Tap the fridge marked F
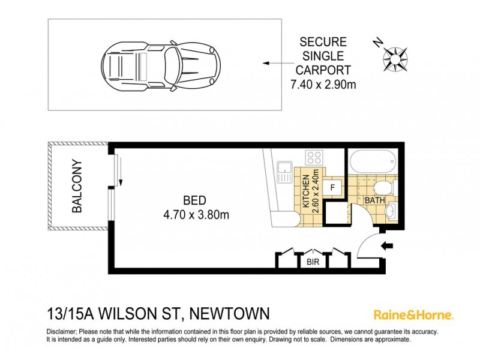332,187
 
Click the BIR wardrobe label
312,262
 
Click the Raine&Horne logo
413,314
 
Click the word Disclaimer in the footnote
61,332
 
